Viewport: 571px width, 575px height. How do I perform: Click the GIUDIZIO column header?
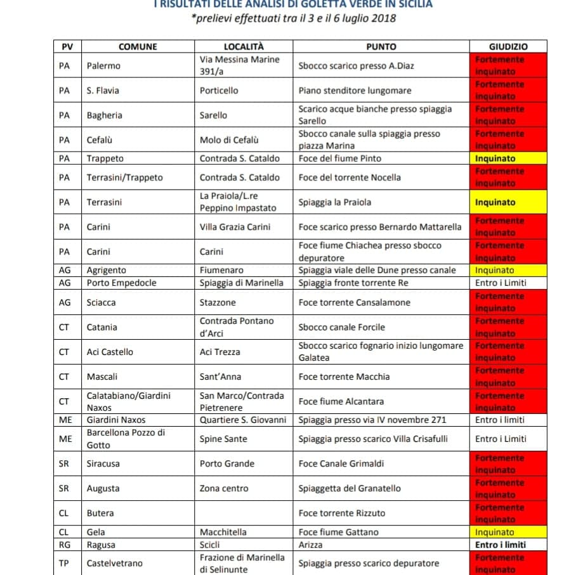[x=508, y=46]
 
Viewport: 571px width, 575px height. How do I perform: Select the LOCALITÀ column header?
[x=244, y=46]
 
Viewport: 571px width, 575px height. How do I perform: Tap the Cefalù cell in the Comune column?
[x=100, y=139]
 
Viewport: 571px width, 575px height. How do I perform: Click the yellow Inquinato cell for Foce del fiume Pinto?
[x=508, y=158]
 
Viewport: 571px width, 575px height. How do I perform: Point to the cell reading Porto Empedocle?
[x=121, y=283]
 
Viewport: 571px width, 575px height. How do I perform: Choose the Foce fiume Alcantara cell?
[x=341, y=401]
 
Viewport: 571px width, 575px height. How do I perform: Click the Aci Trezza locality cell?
[x=220, y=352]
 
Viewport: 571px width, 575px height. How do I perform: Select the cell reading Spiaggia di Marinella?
[x=241, y=283]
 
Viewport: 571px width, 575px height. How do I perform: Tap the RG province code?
[x=64, y=545]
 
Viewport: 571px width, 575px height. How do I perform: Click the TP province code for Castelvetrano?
[x=64, y=563]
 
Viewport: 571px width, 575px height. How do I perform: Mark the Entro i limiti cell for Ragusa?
[x=501, y=545]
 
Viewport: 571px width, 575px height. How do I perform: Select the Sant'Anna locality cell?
[x=220, y=377]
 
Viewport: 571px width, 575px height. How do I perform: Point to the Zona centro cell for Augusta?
[x=224, y=488]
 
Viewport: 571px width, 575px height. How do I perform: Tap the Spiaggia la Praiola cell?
[x=335, y=202]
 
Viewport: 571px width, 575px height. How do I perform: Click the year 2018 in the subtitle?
[x=383, y=18]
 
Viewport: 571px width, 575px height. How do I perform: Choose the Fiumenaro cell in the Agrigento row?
[x=221, y=270]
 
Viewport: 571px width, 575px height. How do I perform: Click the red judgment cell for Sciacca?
[x=508, y=302]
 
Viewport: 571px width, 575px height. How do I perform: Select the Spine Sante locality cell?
[x=223, y=439]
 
